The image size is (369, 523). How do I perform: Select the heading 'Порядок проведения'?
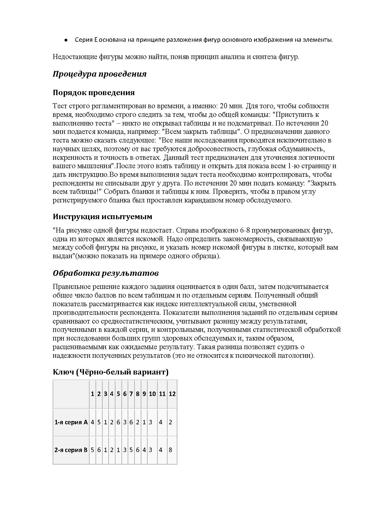click(94, 92)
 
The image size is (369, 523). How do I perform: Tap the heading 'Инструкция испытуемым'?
click(102, 216)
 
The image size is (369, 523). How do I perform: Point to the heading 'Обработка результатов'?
click(106, 273)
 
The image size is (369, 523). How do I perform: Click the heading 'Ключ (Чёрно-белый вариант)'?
click(110, 372)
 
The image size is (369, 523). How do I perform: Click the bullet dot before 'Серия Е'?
click(66, 40)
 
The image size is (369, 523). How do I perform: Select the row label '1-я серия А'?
click(71, 422)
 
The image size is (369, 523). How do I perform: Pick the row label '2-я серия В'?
click(71, 450)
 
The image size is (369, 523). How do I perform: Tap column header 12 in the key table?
click(172, 394)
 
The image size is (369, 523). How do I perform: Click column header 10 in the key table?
click(152, 394)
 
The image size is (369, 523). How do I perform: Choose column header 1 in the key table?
click(93, 394)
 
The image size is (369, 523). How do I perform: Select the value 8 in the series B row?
click(171, 450)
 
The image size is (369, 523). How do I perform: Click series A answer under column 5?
click(118, 422)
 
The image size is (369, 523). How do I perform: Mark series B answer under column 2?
click(99, 450)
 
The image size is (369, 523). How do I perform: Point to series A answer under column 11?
click(161, 422)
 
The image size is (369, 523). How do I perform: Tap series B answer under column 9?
click(144, 450)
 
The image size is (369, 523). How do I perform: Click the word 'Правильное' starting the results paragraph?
click(71, 287)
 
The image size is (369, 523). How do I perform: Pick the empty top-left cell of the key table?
click(71, 394)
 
